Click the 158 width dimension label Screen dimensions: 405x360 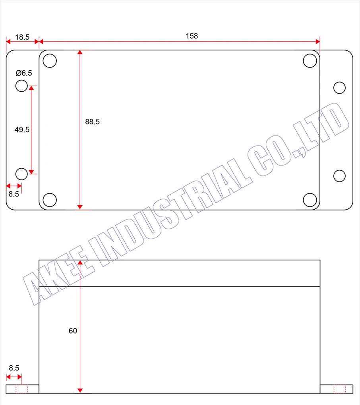click(x=192, y=36)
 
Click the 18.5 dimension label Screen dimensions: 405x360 click(x=22, y=37)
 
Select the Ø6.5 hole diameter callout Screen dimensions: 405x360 click(x=24, y=73)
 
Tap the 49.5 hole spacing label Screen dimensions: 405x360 click(x=22, y=129)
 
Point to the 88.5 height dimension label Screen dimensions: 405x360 click(x=92, y=122)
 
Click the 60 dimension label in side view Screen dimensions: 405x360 click(x=73, y=331)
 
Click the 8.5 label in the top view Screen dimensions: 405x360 click(x=14, y=194)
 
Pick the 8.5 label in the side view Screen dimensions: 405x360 click(x=14, y=368)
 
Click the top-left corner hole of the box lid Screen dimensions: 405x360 click(x=50, y=61)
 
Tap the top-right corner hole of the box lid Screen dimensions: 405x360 click(x=310, y=61)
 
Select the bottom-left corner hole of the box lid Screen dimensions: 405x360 click(x=50, y=200)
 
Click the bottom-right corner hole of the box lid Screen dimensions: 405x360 click(x=310, y=200)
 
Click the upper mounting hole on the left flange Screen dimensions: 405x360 click(x=21, y=85)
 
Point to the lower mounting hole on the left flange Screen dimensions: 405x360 click(x=21, y=174)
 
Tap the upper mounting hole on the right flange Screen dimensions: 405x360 click(x=339, y=88)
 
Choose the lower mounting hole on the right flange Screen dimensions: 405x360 click(x=339, y=175)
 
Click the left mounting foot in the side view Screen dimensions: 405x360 click(x=22, y=389)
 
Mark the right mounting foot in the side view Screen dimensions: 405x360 click(x=336, y=389)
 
